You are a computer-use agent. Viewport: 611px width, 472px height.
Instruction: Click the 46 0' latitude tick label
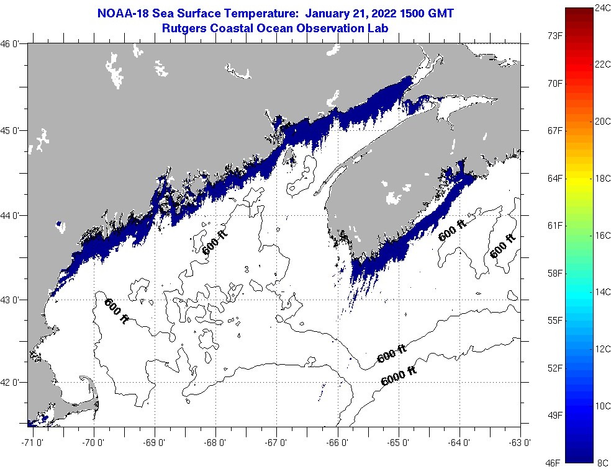pyautogui.click(x=13, y=44)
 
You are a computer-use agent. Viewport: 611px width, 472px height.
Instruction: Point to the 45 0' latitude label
pyautogui.click(x=13, y=130)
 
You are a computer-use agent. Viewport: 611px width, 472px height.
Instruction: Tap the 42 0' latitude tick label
pyautogui.click(x=13, y=383)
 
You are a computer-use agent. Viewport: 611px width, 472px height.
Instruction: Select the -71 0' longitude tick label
pyautogui.click(x=30, y=443)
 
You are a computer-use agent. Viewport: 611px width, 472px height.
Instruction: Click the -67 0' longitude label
pyautogui.click(x=277, y=443)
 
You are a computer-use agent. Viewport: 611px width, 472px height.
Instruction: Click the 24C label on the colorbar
pyautogui.click(x=602, y=8)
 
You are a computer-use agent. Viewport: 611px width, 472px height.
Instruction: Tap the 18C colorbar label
pyautogui.click(x=602, y=179)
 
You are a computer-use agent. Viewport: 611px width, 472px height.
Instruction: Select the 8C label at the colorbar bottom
pyautogui.click(x=602, y=462)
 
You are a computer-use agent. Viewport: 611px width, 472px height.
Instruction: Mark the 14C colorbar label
pyautogui.click(x=602, y=292)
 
